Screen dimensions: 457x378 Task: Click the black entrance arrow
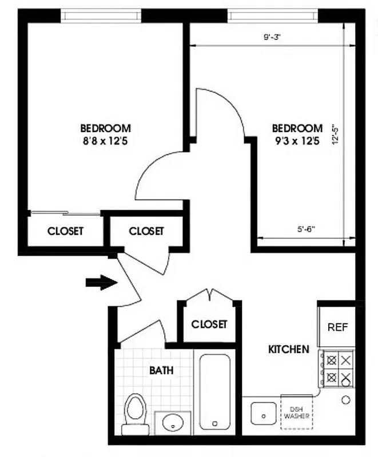pyautogui.click(x=101, y=282)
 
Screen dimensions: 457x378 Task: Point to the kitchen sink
pyautogui.click(x=264, y=412)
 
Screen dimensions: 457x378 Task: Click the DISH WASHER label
pyautogui.click(x=297, y=412)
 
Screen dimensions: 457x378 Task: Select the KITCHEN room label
pyautogui.click(x=289, y=349)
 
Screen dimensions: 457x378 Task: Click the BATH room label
pyautogui.click(x=161, y=371)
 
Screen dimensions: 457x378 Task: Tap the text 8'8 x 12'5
pyautogui.click(x=105, y=141)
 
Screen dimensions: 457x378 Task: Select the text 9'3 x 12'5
pyautogui.click(x=297, y=141)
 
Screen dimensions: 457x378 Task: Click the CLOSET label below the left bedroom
pyautogui.click(x=65, y=231)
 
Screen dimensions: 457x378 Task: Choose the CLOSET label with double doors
pyautogui.click(x=209, y=324)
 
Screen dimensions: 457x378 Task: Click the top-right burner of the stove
pyautogui.click(x=345, y=360)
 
